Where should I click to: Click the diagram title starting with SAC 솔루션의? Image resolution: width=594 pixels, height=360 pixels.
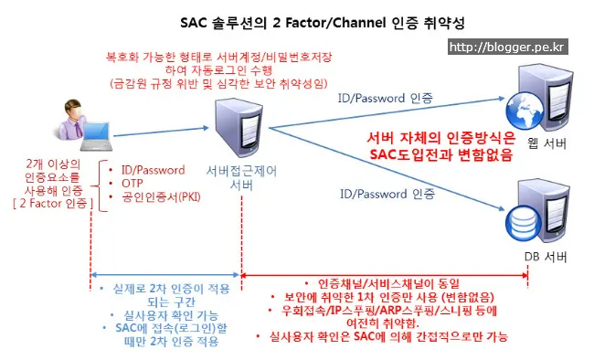(x=298, y=20)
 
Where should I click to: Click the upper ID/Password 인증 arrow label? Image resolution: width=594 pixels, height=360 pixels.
(x=386, y=97)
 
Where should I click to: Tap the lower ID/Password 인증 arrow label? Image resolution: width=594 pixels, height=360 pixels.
(x=386, y=194)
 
